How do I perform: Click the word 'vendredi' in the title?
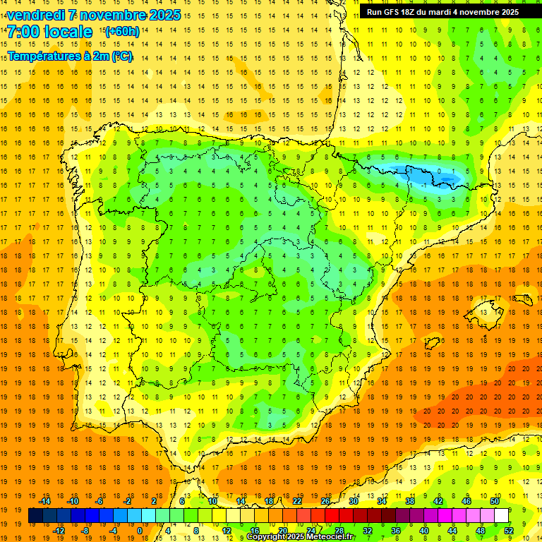35,15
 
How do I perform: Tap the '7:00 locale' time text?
49,32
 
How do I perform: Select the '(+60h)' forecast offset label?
121,32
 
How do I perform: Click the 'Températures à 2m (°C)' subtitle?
70,56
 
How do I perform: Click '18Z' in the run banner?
416,12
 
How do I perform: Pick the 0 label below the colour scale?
139,531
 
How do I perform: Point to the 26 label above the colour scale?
325,501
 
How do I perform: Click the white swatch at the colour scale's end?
501,516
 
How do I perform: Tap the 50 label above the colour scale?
494,501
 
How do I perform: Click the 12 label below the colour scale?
227,531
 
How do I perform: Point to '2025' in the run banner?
507,12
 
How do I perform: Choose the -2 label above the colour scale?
127,501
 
